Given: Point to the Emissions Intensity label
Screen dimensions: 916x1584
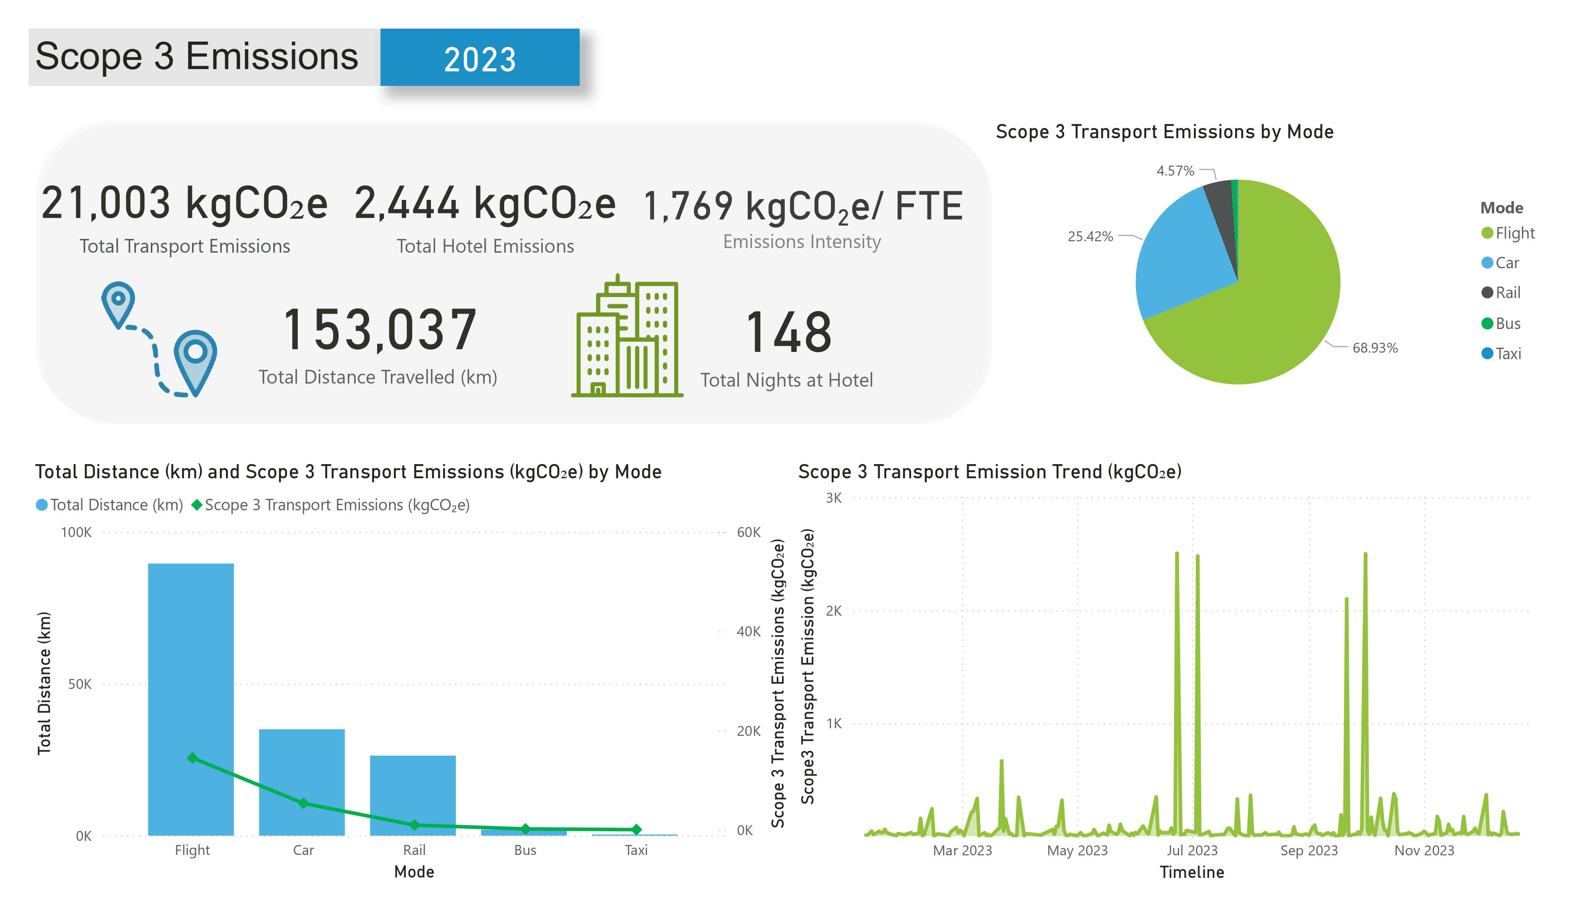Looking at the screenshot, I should (x=802, y=242).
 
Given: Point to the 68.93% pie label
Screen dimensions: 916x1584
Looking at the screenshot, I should (x=1375, y=348).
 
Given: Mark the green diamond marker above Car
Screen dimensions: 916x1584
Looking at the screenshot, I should (x=303, y=803).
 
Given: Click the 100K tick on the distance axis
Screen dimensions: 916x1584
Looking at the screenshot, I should (x=76, y=532).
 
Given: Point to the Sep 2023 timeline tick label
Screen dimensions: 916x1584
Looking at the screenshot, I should (x=1309, y=851).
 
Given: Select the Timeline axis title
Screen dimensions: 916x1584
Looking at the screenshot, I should (x=1192, y=872).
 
